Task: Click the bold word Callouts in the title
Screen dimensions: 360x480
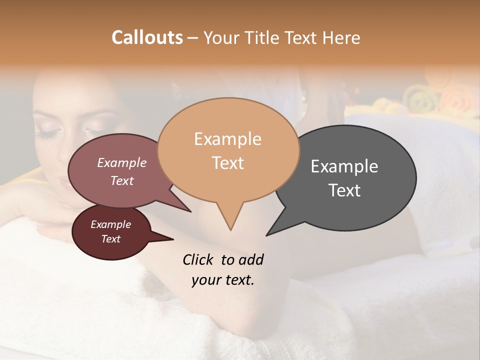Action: click(x=147, y=37)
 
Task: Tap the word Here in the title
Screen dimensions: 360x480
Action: click(x=342, y=37)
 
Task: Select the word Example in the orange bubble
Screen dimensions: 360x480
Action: click(x=227, y=139)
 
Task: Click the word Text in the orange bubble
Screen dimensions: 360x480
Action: click(x=227, y=162)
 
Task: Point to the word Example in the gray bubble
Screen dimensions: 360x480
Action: click(x=344, y=166)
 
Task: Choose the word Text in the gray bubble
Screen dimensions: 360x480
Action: click(x=344, y=190)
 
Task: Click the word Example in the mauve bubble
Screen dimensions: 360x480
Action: click(x=121, y=163)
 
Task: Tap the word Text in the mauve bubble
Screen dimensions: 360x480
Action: click(x=121, y=180)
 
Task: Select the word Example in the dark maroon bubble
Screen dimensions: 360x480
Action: click(x=110, y=224)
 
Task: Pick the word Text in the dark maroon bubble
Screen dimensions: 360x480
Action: click(x=110, y=239)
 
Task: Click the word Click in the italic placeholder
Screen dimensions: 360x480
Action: click(x=198, y=260)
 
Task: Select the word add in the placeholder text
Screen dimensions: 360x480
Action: click(x=251, y=260)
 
